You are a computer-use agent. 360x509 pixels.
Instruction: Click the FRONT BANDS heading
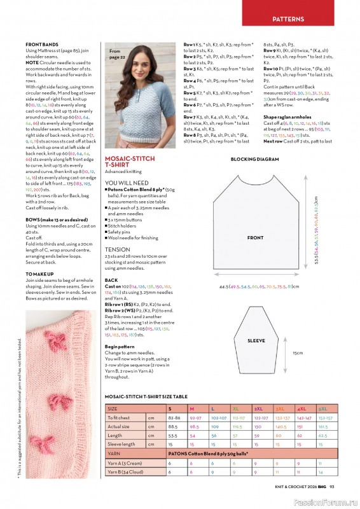coord(42,43)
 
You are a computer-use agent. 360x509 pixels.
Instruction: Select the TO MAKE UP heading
coord(41,274)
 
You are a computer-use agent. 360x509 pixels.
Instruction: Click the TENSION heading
coord(117,249)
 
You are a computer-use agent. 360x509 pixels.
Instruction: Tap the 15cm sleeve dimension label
coord(297,352)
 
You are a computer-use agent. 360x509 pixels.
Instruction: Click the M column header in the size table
coord(191,408)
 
